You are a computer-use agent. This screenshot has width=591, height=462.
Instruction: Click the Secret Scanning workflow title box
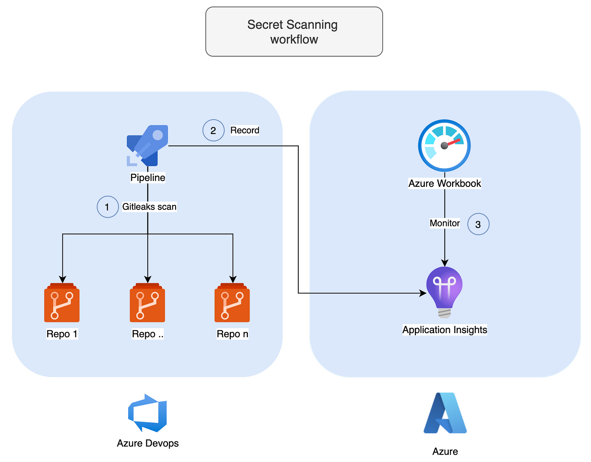point(294,32)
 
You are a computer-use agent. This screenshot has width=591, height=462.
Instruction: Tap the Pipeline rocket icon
point(148,146)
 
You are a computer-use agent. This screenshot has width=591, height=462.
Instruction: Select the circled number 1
point(107,207)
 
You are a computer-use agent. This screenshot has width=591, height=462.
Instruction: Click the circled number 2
point(213,130)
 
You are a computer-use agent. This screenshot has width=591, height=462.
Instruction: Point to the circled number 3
point(478,224)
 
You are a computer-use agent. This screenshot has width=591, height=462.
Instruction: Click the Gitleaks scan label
point(149,207)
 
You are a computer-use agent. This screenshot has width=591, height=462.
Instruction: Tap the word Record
point(245,130)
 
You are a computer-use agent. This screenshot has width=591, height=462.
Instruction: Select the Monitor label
point(445,223)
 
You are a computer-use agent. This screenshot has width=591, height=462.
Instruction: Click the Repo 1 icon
point(62,303)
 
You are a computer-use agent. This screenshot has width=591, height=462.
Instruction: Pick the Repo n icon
point(232,303)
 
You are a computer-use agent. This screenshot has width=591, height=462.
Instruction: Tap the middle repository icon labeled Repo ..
point(147,303)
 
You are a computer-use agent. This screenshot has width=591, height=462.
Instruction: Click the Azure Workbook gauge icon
point(444,146)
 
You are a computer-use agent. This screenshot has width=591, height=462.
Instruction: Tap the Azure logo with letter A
point(445,413)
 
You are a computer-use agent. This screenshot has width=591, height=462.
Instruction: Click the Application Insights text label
point(445,330)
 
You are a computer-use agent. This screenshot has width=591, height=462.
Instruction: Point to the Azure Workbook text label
point(445,184)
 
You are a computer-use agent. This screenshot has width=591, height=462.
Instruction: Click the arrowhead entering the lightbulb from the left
point(423,293)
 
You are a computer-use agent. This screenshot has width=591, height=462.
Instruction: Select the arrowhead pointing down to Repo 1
point(62,279)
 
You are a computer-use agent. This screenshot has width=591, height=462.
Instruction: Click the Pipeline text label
point(148,178)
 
